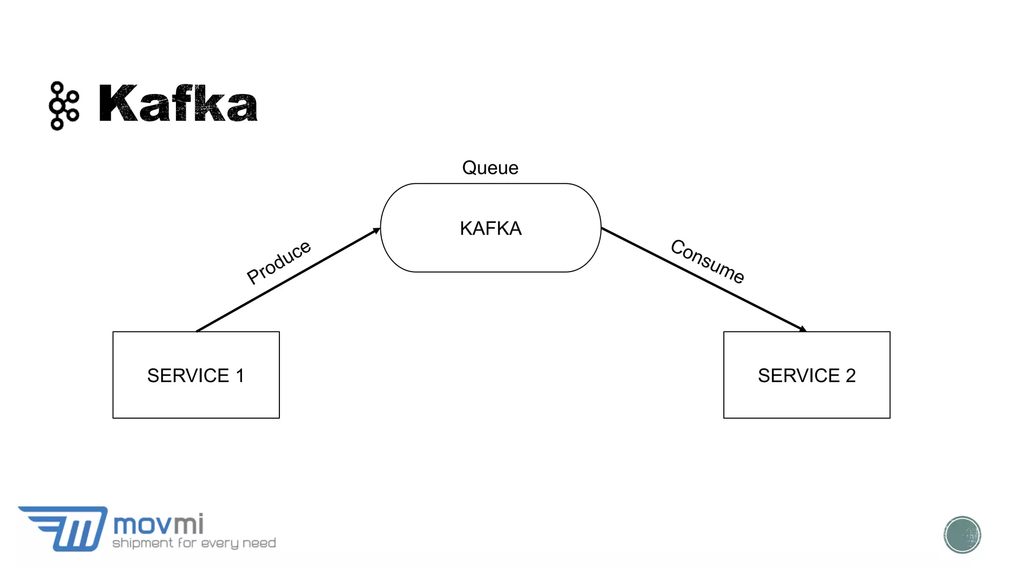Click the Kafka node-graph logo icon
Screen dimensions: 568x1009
[x=64, y=106]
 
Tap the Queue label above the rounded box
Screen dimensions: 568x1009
[x=490, y=168]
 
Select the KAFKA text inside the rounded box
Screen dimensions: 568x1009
[x=491, y=228]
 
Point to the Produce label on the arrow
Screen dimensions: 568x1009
[x=279, y=262]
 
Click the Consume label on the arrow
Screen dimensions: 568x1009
[x=707, y=261]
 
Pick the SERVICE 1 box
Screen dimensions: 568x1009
[x=196, y=375]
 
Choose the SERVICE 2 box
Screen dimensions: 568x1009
[x=807, y=375]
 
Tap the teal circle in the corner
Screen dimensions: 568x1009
[x=962, y=534]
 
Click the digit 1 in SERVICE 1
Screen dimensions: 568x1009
[x=240, y=376]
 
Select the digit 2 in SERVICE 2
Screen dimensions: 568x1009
[x=850, y=376]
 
